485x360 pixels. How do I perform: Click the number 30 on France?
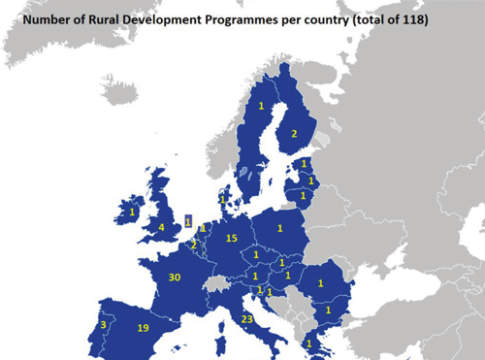coord(175,278)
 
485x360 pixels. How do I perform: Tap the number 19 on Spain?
coord(143,328)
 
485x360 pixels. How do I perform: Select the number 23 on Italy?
coord(246,320)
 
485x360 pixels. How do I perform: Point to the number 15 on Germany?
coord(231,238)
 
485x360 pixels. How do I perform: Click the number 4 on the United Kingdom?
coord(162,227)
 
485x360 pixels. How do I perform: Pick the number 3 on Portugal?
coord(104,324)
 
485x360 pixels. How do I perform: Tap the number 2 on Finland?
coord(293,133)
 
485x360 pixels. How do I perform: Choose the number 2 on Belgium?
coord(193,243)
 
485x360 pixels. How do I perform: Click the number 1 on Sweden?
coord(261,106)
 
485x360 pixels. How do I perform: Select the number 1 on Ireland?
coord(131,212)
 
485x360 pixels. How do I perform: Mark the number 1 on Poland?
coord(280,229)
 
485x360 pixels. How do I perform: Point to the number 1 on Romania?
coord(320,283)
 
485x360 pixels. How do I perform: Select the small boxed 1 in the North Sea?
coord(188,220)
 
